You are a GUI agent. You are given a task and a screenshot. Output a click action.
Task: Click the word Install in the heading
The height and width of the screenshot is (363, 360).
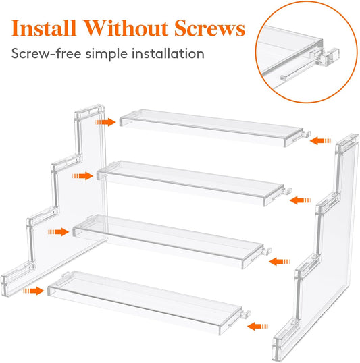(46, 30)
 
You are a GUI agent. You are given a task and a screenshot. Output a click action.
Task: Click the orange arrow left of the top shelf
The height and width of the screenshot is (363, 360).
(105, 122)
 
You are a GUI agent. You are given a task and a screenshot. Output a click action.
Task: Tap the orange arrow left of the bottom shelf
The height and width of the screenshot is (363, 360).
(31, 291)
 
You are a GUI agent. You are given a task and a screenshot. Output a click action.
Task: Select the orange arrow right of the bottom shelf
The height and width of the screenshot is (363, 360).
(255, 327)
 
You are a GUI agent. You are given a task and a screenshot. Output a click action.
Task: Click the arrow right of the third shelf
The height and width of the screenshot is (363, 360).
(279, 259)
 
